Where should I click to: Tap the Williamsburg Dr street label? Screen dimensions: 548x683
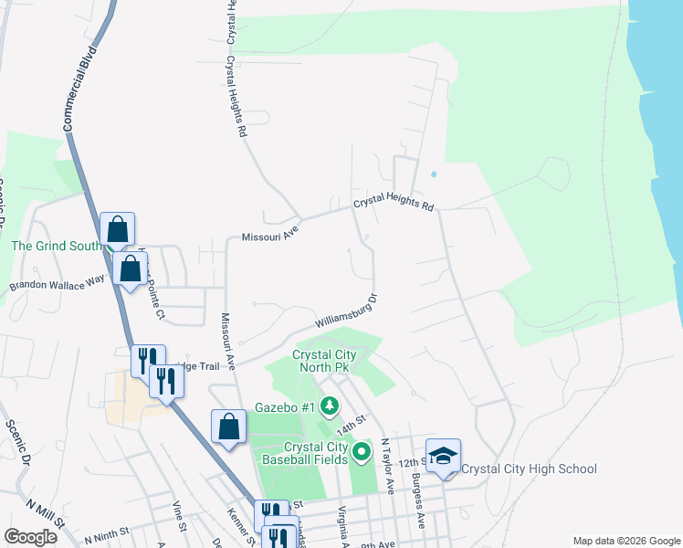(x=347, y=312)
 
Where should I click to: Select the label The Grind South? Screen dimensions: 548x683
(x=56, y=246)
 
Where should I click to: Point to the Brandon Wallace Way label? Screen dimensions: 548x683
(x=58, y=284)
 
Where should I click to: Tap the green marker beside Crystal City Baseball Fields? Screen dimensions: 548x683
(x=363, y=450)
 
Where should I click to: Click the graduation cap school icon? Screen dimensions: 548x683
(x=443, y=456)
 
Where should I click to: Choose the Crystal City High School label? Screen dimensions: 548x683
(x=530, y=469)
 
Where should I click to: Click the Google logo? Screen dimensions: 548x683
(x=30, y=537)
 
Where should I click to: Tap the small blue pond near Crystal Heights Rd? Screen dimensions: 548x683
(x=433, y=174)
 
